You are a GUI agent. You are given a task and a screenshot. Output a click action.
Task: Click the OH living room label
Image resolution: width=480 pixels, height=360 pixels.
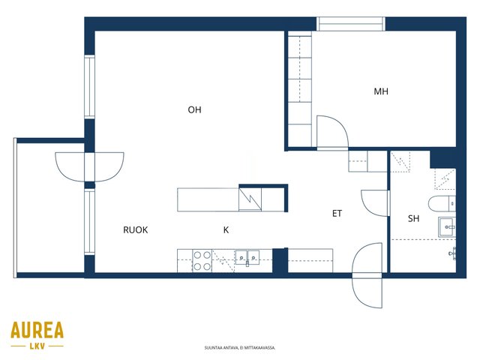194,109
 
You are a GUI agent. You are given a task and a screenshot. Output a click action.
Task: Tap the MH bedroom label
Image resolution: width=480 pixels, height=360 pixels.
381,91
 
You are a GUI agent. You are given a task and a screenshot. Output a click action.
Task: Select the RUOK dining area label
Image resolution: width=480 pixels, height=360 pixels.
135,230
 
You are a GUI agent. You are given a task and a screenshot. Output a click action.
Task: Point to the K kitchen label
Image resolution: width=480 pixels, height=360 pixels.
226,230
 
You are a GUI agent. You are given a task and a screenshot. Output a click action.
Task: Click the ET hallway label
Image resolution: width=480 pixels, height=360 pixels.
337,213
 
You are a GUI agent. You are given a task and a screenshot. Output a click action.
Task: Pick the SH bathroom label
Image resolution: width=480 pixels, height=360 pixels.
413,218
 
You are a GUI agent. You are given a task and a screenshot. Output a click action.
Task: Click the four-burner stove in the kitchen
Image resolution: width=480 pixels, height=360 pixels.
202,261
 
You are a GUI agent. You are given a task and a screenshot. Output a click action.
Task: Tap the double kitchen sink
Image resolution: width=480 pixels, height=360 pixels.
247,257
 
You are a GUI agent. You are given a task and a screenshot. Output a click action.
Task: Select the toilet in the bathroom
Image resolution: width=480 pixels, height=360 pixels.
442,204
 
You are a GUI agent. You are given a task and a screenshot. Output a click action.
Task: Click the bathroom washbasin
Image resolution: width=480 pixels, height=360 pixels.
447,226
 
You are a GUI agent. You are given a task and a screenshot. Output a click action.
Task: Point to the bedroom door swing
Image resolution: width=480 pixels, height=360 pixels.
332,132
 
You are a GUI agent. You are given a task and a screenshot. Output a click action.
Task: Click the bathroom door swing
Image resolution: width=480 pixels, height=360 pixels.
375,203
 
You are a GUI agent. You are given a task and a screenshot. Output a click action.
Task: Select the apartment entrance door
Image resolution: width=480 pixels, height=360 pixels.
367,275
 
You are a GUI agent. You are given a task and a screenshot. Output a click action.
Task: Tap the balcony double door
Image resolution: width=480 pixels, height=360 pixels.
89,167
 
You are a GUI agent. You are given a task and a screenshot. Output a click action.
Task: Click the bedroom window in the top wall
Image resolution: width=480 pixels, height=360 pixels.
350,24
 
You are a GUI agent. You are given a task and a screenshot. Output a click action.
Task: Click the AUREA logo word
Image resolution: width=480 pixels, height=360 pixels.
37,330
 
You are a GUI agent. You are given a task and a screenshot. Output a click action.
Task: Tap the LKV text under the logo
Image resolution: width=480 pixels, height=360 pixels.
37,346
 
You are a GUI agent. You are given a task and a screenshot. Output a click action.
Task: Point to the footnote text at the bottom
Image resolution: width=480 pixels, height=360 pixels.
240,348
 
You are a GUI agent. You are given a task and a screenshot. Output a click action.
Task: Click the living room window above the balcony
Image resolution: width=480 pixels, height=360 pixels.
89,87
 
